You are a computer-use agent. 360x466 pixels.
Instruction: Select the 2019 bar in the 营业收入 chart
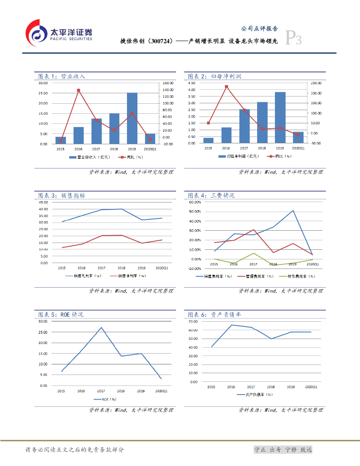coord(132,118)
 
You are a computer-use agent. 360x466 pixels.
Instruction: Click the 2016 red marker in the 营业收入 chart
coord(78,90)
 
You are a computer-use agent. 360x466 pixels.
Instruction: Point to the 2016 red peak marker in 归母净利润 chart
coord(226,86)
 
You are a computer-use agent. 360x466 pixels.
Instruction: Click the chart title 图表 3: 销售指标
coord(61,195)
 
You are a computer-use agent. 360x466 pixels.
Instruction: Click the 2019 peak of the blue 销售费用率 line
coord(293,211)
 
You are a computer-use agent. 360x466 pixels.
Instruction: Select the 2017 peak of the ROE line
coord(101,328)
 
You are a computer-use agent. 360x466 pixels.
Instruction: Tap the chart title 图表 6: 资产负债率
coord(214,314)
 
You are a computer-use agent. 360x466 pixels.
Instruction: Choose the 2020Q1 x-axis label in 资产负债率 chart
coord(311,387)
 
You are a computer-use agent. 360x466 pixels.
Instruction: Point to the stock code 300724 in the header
coord(161,41)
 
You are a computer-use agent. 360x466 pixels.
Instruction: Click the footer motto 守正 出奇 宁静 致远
coord(283,450)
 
